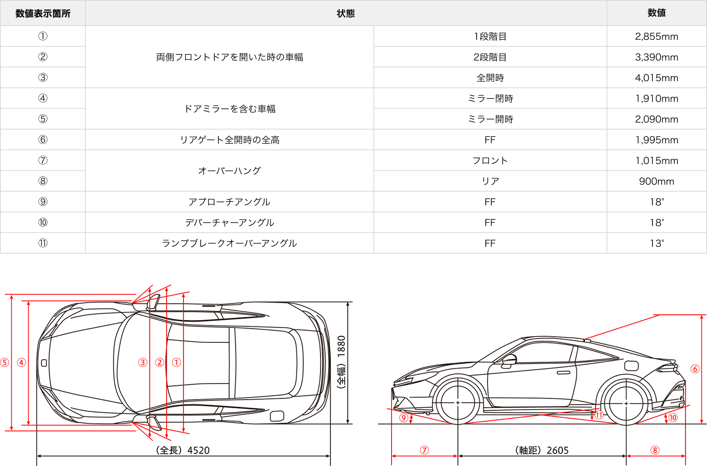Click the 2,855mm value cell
(x=656, y=36)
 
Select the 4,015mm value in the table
(x=656, y=78)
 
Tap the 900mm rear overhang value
(x=656, y=181)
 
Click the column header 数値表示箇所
(x=43, y=13)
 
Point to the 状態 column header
(x=346, y=13)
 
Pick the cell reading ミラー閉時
(x=490, y=99)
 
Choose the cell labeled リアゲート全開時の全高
(x=230, y=140)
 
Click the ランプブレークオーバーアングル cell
(x=230, y=243)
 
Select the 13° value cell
(x=656, y=243)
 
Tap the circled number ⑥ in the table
(x=43, y=140)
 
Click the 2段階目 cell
(x=490, y=57)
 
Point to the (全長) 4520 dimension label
(x=183, y=450)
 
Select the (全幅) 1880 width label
(x=341, y=362)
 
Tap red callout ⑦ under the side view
(x=424, y=450)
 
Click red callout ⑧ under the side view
(x=655, y=450)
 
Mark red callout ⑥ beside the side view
(x=695, y=369)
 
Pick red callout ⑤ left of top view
(x=5, y=363)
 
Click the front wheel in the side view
(x=458, y=403)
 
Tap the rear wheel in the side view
(x=626, y=403)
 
